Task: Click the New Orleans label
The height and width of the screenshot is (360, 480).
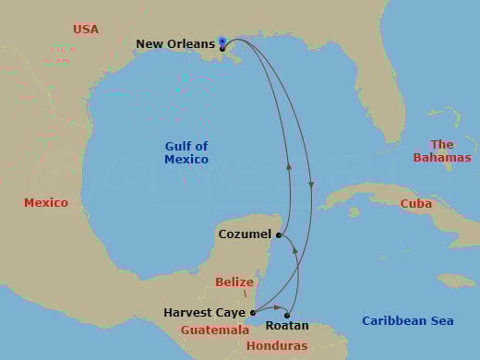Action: pyautogui.click(x=174, y=43)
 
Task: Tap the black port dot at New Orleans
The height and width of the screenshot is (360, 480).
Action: pyautogui.click(x=222, y=49)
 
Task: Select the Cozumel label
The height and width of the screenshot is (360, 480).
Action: pyautogui.click(x=245, y=234)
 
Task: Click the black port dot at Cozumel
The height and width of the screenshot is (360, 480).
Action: pyautogui.click(x=279, y=235)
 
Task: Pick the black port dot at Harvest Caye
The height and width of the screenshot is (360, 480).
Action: pyautogui.click(x=253, y=313)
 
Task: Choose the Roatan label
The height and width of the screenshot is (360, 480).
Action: pyautogui.click(x=286, y=326)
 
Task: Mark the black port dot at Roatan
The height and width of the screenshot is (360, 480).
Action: pyautogui.click(x=287, y=316)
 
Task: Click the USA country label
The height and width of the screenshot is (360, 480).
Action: pyautogui.click(x=85, y=30)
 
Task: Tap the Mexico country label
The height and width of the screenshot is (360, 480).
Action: pyautogui.click(x=46, y=202)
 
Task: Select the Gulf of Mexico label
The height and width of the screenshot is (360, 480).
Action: pyautogui.click(x=186, y=152)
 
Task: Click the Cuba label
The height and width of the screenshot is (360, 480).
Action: pyautogui.click(x=415, y=203)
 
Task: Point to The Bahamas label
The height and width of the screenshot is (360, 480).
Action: pyautogui.click(x=442, y=150)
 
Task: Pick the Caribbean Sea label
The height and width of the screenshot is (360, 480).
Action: pyautogui.click(x=407, y=320)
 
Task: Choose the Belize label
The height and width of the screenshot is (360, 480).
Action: pyautogui.click(x=234, y=282)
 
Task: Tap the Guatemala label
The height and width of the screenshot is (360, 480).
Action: pyautogui.click(x=215, y=330)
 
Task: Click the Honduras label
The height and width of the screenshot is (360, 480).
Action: pyautogui.click(x=277, y=345)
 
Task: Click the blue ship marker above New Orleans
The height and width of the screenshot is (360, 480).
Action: pyautogui.click(x=222, y=41)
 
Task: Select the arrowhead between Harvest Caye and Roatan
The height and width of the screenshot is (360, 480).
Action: pyautogui.click(x=278, y=307)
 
